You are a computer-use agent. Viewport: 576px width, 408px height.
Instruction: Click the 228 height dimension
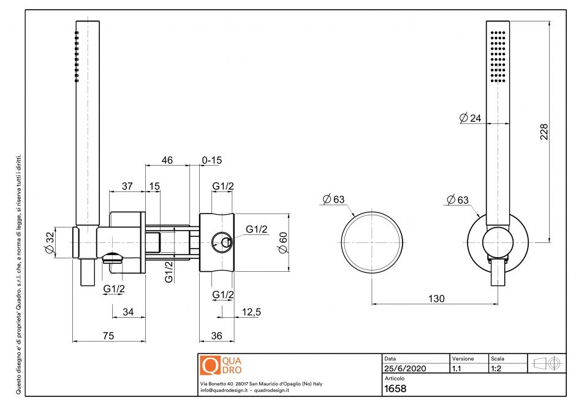(x=543, y=132)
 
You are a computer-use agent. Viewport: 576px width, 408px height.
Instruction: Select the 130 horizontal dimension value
(x=436, y=298)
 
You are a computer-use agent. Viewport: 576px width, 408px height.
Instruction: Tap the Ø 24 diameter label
(x=470, y=118)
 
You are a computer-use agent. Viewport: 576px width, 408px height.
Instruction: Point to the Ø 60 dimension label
(x=282, y=242)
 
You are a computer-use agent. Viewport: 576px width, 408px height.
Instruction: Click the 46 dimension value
(x=167, y=160)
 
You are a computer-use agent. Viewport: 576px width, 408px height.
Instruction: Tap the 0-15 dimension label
(x=212, y=160)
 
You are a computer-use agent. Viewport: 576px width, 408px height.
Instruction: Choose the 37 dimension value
(x=127, y=186)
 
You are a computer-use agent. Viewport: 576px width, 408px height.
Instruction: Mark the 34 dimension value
(x=128, y=312)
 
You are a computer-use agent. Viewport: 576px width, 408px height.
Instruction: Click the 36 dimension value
(x=217, y=336)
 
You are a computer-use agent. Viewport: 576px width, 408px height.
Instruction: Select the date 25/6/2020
(x=404, y=369)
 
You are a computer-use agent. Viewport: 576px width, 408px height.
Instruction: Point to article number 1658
(x=395, y=388)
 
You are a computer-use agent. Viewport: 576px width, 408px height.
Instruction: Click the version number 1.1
(x=457, y=369)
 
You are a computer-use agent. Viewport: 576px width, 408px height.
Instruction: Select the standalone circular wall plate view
(x=372, y=242)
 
